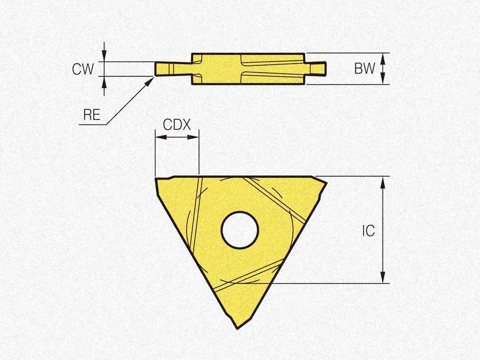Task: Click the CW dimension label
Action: pyautogui.click(x=83, y=69)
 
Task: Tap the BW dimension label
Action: pyautogui.click(x=364, y=68)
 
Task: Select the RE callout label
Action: pyautogui.click(x=92, y=115)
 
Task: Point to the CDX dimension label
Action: pyautogui.click(x=177, y=125)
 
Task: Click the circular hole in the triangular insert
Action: pyautogui.click(x=240, y=230)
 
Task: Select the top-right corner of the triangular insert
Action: pyautogui.click(x=326, y=183)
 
